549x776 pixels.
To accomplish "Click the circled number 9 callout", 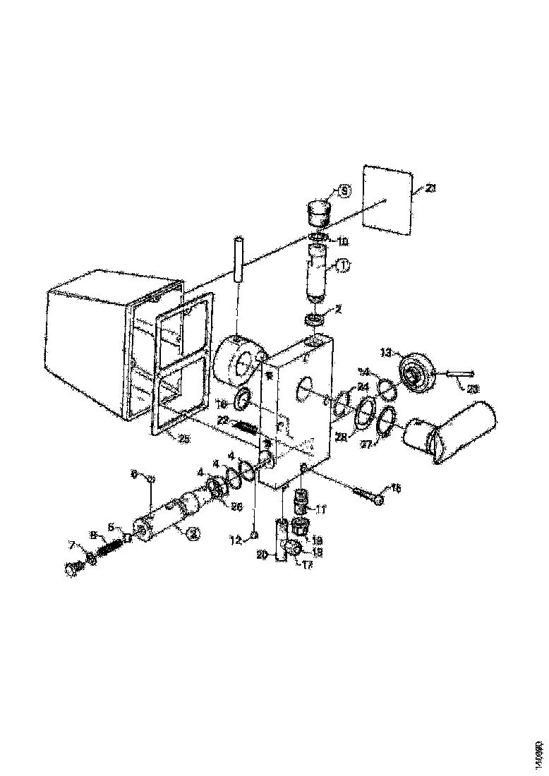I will pos(344,190).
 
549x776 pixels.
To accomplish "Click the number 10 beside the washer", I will pos(342,241).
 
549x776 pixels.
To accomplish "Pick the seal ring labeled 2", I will pos(316,321).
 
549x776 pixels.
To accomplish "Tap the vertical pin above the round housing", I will pos(237,261).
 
